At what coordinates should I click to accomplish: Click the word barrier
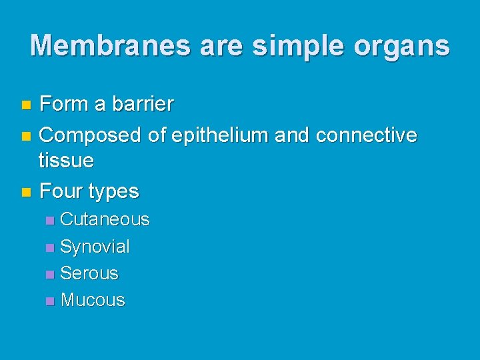pos(143,104)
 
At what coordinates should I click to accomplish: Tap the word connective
pos(366,135)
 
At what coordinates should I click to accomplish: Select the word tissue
pos(66,160)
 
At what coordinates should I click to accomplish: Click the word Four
pos(61,191)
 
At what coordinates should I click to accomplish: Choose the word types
pos(113,192)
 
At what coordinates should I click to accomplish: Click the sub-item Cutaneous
pos(105,219)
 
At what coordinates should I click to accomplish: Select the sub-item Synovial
pos(95,247)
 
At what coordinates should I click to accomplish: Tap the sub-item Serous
pos(89,273)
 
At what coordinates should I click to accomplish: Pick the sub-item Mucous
pos(93,300)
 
